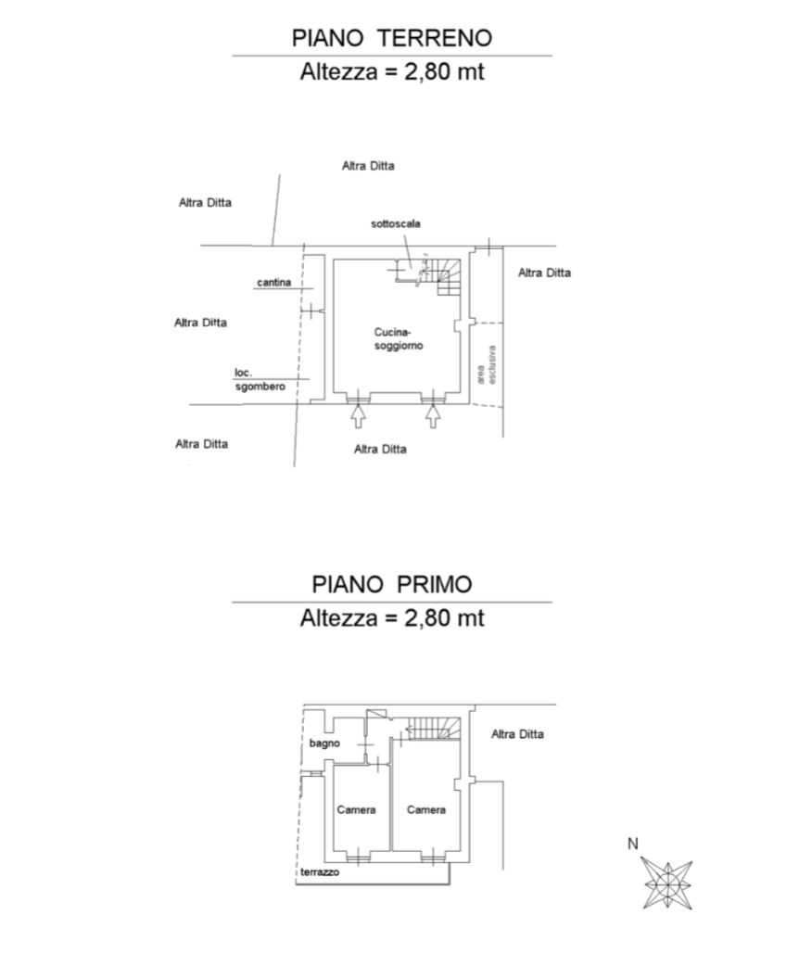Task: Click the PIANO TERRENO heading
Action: coord(392,38)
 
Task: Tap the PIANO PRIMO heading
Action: coord(392,584)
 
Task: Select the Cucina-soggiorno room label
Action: coord(398,339)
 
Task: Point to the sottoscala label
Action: coord(396,223)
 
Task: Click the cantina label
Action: coord(274,282)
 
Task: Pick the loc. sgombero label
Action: coord(260,380)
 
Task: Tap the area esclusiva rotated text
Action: coord(486,364)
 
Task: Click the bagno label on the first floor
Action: coord(324,743)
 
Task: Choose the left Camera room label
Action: coord(356,809)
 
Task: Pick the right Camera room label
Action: coord(426,809)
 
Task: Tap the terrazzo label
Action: coord(320,872)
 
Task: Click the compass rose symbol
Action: coord(667,884)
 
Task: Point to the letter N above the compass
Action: coord(632,844)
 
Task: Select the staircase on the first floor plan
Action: coord(434,729)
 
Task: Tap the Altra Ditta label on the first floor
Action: coord(517,734)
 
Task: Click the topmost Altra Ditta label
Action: coord(368,166)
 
